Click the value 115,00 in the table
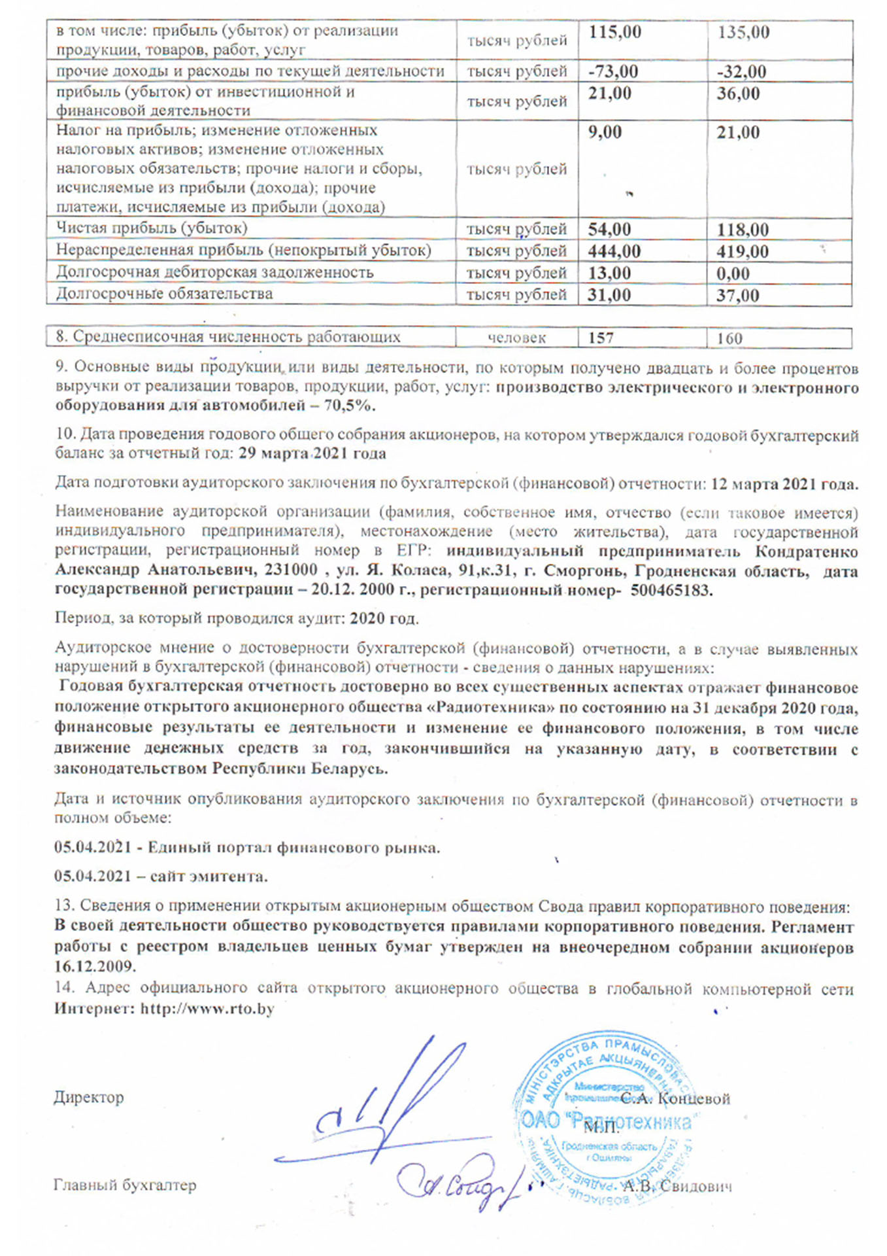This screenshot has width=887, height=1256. [614, 32]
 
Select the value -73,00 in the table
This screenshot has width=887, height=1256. [612, 71]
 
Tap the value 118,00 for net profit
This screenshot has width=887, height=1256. [742, 230]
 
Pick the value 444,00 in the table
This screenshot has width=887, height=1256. [614, 251]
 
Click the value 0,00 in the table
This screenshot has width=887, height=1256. [732, 273]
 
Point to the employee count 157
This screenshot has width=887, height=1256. [601, 338]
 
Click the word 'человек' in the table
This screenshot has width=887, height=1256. [516, 338]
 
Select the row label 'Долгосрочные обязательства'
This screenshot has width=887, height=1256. [164, 294]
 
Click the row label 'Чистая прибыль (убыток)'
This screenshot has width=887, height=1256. [152, 228]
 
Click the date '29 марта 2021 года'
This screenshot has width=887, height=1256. [312, 453]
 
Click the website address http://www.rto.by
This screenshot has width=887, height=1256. [207, 1008]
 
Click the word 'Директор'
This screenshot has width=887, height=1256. [89, 1097]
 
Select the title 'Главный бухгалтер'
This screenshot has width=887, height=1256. [125, 1185]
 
